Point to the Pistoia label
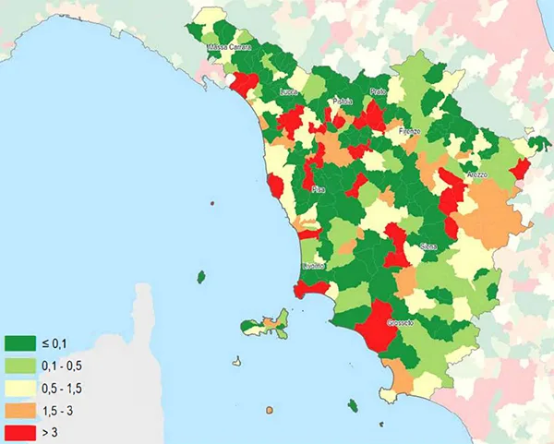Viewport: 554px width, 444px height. [x=343, y=102]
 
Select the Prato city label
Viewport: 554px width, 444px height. [x=377, y=93]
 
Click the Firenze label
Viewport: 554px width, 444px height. [x=409, y=132]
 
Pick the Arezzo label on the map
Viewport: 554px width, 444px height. [x=476, y=174]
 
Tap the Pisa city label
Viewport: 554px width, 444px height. [x=319, y=189]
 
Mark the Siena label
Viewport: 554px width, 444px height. [x=428, y=246]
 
